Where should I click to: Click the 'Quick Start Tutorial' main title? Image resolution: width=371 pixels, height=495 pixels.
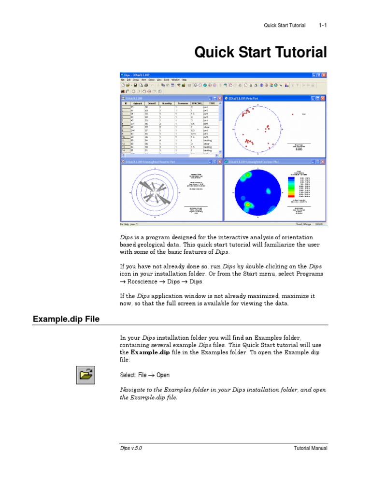point(260,52)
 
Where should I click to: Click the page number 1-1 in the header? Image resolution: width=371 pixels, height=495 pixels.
point(323,25)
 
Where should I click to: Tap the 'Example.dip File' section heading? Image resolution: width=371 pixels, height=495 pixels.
point(66,319)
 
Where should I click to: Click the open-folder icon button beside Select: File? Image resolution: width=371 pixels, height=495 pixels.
point(86,375)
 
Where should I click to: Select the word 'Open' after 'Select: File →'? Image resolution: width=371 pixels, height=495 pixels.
point(163,375)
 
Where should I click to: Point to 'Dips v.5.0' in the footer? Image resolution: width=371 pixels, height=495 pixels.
point(131,448)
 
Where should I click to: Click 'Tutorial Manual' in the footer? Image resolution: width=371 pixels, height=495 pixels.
point(311,448)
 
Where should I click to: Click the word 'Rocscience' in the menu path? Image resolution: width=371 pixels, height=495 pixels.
point(145,281)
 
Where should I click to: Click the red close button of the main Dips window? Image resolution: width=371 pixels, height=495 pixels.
point(324,75)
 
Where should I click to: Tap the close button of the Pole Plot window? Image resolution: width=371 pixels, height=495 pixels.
point(324,98)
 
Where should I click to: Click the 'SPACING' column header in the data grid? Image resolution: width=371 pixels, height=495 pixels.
point(196,103)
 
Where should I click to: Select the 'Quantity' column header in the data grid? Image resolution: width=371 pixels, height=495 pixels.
point(167,103)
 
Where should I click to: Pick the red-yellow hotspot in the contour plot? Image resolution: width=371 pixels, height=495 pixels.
point(248,205)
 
